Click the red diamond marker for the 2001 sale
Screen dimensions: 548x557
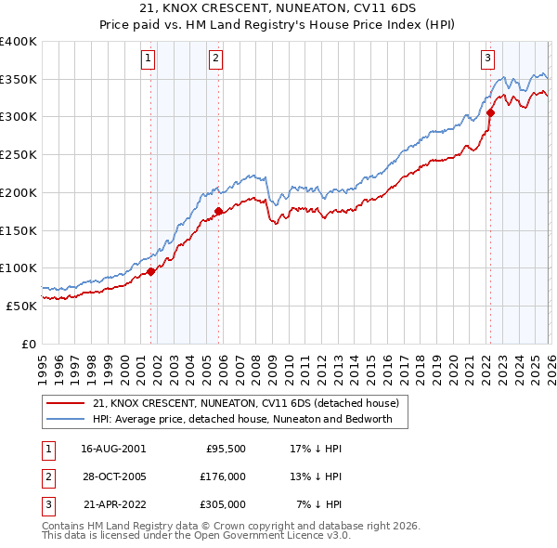click(x=150, y=272)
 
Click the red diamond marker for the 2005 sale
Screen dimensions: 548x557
click(x=218, y=211)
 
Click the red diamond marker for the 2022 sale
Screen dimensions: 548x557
click(x=490, y=113)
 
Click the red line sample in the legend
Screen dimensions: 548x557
click(x=66, y=403)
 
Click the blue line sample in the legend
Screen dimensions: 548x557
click(x=66, y=419)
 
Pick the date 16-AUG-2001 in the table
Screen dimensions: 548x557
click(x=113, y=447)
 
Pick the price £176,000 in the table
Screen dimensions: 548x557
click(x=222, y=476)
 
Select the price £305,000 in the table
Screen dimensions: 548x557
click(x=222, y=505)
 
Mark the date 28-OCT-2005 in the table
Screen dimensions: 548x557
click(x=113, y=476)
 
